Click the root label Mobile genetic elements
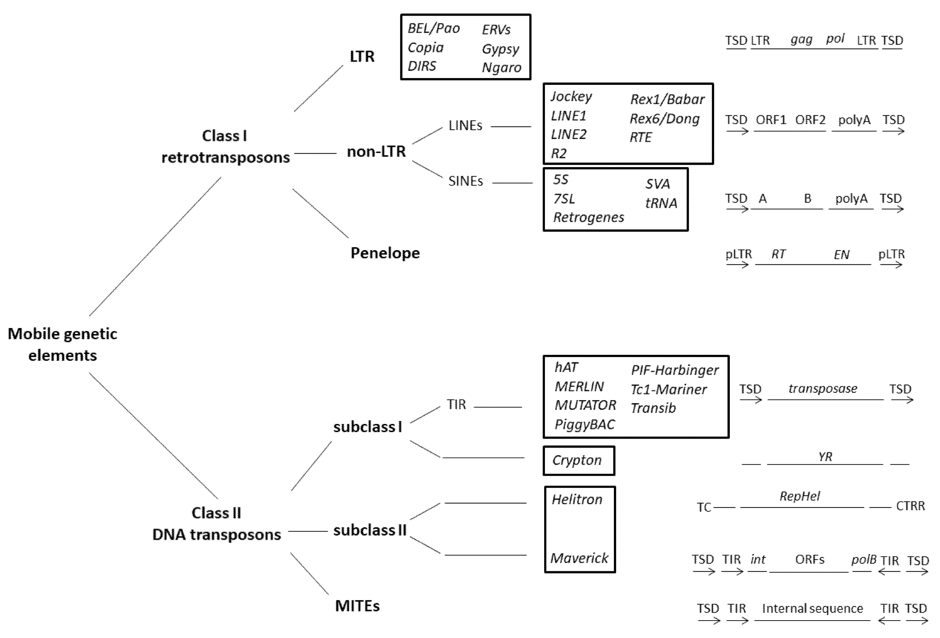(x=62, y=344)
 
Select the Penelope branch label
(x=385, y=253)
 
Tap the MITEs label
(x=357, y=606)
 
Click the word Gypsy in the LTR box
(x=500, y=49)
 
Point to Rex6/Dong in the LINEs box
(x=665, y=119)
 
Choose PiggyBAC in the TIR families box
(x=584, y=424)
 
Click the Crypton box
(x=578, y=460)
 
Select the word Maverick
(x=579, y=558)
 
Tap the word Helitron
(x=577, y=500)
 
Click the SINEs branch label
(x=465, y=181)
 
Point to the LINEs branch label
(x=465, y=126)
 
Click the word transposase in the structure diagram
(x=823, y=389)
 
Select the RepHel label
(x=800, y=496)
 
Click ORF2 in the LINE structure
(x=810, y=120)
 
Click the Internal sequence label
(x=812, y=608)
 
